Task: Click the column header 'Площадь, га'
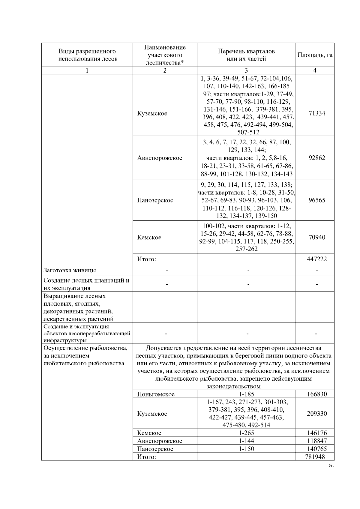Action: tap(315, 55)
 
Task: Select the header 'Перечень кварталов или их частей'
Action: tap(246, 55)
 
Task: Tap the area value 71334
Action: tap(317, 113)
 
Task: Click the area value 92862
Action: tap(317, 158)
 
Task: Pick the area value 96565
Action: tap(317, 200)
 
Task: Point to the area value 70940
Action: tap(317, 237)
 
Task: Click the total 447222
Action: tap(317, 259)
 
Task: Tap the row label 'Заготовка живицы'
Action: tap(70, 270)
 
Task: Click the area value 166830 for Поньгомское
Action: tap(317, 394)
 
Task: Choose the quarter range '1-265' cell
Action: tap(246, 433)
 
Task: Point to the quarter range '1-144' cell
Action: tap(246, 441)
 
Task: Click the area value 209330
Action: tap(317, 414)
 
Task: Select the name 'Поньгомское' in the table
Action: tap(156, 394)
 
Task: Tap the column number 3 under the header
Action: tap(246, 70)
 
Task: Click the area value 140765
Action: tap(317, 449)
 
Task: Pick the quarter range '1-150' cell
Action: tap(246, 449)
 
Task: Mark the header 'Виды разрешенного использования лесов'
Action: tap(87, 55)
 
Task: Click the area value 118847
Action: tap(317, 441)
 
